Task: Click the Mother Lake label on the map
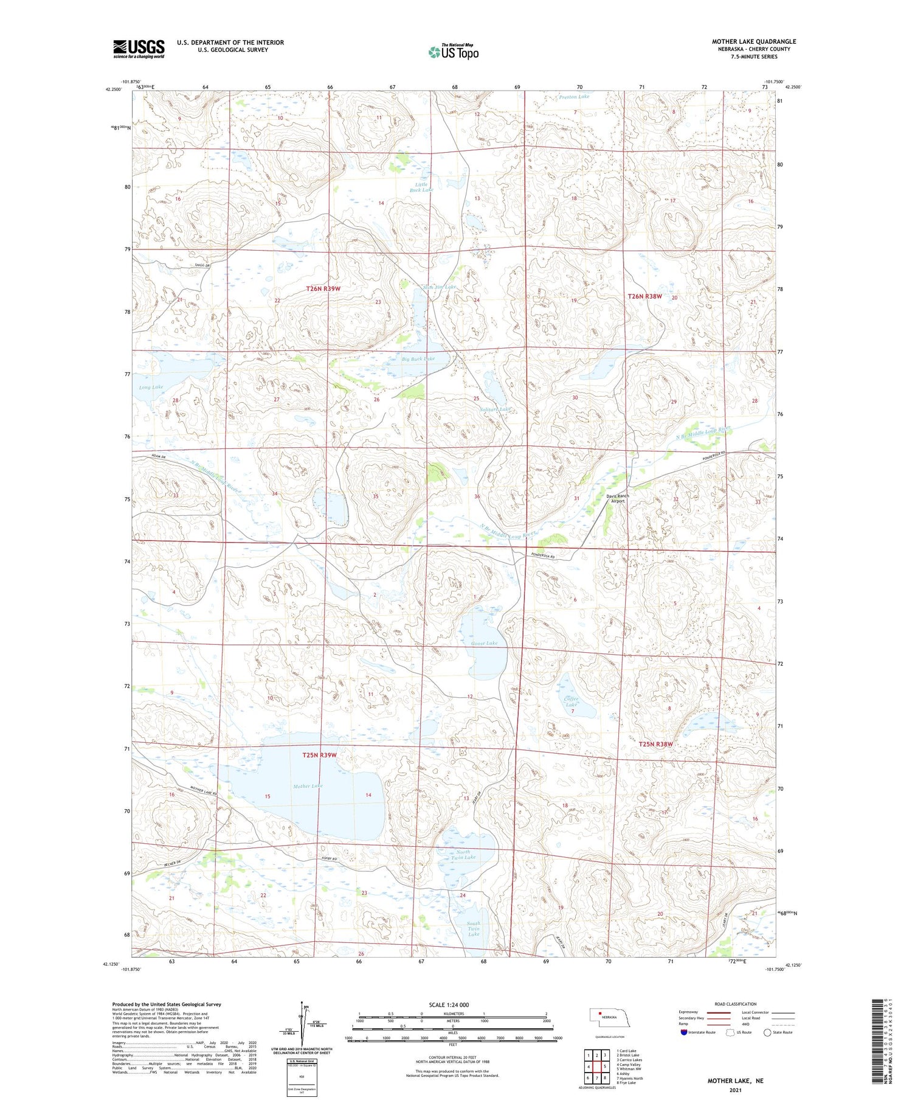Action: [308, 786]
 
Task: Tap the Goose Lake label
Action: [484, 643]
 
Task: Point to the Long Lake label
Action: [151, 387]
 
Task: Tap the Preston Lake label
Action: [574, 97]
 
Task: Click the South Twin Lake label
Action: [474, 928]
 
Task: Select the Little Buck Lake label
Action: [421, 187]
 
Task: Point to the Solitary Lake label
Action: [496, 409]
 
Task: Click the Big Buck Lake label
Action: [418, 359]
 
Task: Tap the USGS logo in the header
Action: [139, 49]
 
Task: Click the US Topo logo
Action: [453, 52]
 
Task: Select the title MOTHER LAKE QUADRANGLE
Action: [754, 41]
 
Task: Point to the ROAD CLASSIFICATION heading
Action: [736, 1004]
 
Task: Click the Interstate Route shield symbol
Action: [684, 1032]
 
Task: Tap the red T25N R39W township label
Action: [319, 755]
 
